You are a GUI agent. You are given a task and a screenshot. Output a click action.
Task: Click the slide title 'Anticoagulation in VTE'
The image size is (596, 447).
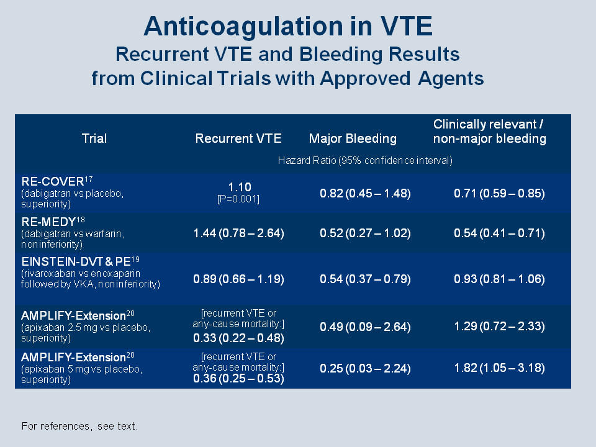point(288,27)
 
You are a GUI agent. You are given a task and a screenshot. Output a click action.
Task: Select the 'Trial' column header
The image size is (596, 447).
point(94,138)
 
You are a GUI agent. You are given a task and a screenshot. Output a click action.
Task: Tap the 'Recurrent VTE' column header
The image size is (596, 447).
point(238,138)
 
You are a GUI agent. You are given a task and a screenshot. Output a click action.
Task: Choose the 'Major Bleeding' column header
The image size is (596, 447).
point(353,138)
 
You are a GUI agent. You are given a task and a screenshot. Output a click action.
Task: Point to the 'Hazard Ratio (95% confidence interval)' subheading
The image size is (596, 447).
point(365,160)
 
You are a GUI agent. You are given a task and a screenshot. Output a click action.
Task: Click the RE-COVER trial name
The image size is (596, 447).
point(52,181)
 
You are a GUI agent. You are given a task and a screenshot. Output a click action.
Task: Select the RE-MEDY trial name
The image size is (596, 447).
point(48,222)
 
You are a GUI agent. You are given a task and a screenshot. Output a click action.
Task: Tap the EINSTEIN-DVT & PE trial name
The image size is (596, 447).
point(76,261)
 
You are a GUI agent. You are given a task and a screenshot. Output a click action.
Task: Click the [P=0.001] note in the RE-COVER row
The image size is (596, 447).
point(238,199)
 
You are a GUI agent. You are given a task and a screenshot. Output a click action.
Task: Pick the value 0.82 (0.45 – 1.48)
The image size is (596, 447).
point(365,194)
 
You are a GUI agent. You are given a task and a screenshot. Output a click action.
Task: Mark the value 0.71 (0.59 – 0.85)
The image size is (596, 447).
point(499,194)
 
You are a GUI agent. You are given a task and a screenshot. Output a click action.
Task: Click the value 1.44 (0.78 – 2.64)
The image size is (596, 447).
point(238,233)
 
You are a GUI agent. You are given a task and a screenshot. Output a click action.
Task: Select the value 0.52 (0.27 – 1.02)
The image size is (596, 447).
point(365,233)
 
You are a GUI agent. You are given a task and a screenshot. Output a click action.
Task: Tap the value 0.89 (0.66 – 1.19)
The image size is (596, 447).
point(238,279)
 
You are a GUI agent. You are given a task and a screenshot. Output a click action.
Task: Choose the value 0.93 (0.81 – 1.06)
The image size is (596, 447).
point(499,279)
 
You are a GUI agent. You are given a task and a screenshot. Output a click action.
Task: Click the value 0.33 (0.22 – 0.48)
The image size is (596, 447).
point(238,338)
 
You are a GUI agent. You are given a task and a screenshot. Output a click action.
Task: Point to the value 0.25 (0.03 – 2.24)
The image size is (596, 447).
point(365,368)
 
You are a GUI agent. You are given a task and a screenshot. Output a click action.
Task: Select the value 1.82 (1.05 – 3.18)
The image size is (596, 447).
point(499,368)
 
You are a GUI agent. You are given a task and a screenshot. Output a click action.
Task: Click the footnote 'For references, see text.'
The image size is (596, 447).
point(79,426)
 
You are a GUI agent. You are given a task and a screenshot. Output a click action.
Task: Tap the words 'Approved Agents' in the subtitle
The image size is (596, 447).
point(402,79)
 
